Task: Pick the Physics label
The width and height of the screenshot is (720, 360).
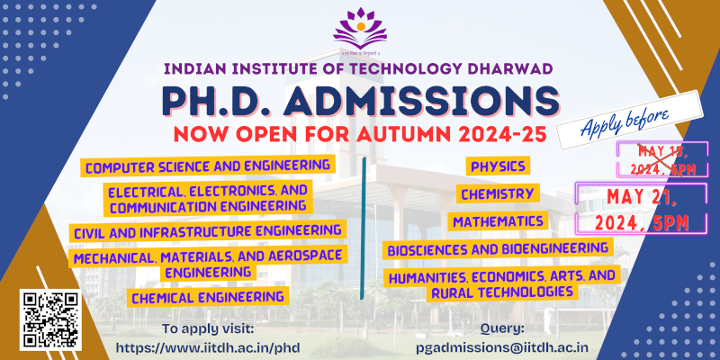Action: [x=497, y=166]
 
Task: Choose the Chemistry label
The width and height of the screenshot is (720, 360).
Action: [x=498, y=193]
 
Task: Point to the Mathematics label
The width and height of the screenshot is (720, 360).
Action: [x=499, y=220]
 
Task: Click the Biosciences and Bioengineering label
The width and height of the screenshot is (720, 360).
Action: [x=499, y=247]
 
